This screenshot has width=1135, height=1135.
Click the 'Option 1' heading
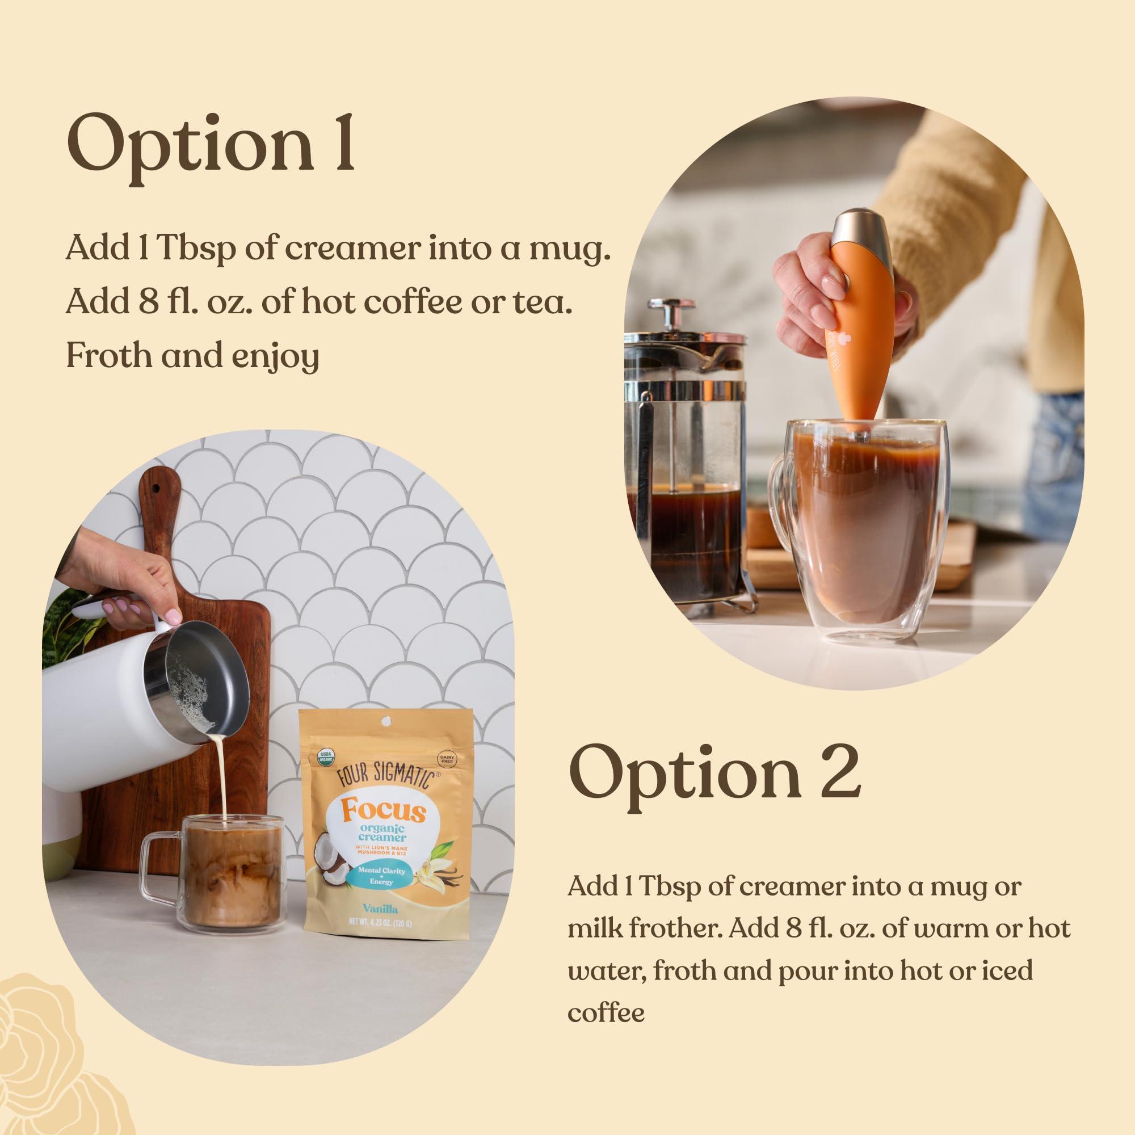pyautogui.click(x=211, y=145)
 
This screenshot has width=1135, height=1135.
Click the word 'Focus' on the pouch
pyautogui.click(x=383, y=812)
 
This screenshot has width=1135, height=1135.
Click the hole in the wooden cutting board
pyautogui.click(x=158, y=489)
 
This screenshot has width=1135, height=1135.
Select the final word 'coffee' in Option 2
pyautogui.click(x=606, y=1013)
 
